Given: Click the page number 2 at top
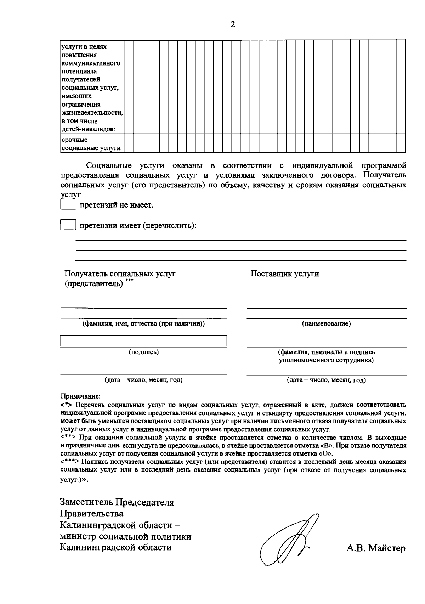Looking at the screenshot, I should (x=233, y=24).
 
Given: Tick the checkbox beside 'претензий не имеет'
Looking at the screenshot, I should (x=68, y=205).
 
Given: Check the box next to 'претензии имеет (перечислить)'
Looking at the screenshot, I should (x=68, y=225).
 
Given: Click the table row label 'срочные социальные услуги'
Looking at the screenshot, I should (x=91, y=144).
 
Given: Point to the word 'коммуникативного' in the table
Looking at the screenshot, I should (x=91, y=63).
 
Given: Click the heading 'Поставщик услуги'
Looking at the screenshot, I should (x=285, y=273).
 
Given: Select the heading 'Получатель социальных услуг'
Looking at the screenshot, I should (x=120, y=273).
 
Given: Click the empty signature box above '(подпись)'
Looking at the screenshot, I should (x=143, y=341).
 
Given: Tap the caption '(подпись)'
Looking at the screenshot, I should (x=143, y=352).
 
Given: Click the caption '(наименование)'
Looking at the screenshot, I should (x=326, y=324).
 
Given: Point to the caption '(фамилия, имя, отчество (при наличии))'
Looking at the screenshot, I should (x=143, y=324).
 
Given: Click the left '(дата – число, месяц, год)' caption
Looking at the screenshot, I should (x=143, y=380).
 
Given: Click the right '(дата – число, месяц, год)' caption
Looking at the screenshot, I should (x=326, y=380).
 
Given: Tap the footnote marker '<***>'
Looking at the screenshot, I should (x=69, y=462).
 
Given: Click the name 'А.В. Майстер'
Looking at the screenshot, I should (x=376, y=549).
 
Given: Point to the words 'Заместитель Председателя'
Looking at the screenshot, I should (x=117, y=502).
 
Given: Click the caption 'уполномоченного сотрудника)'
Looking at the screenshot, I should (x=326, y=360).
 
